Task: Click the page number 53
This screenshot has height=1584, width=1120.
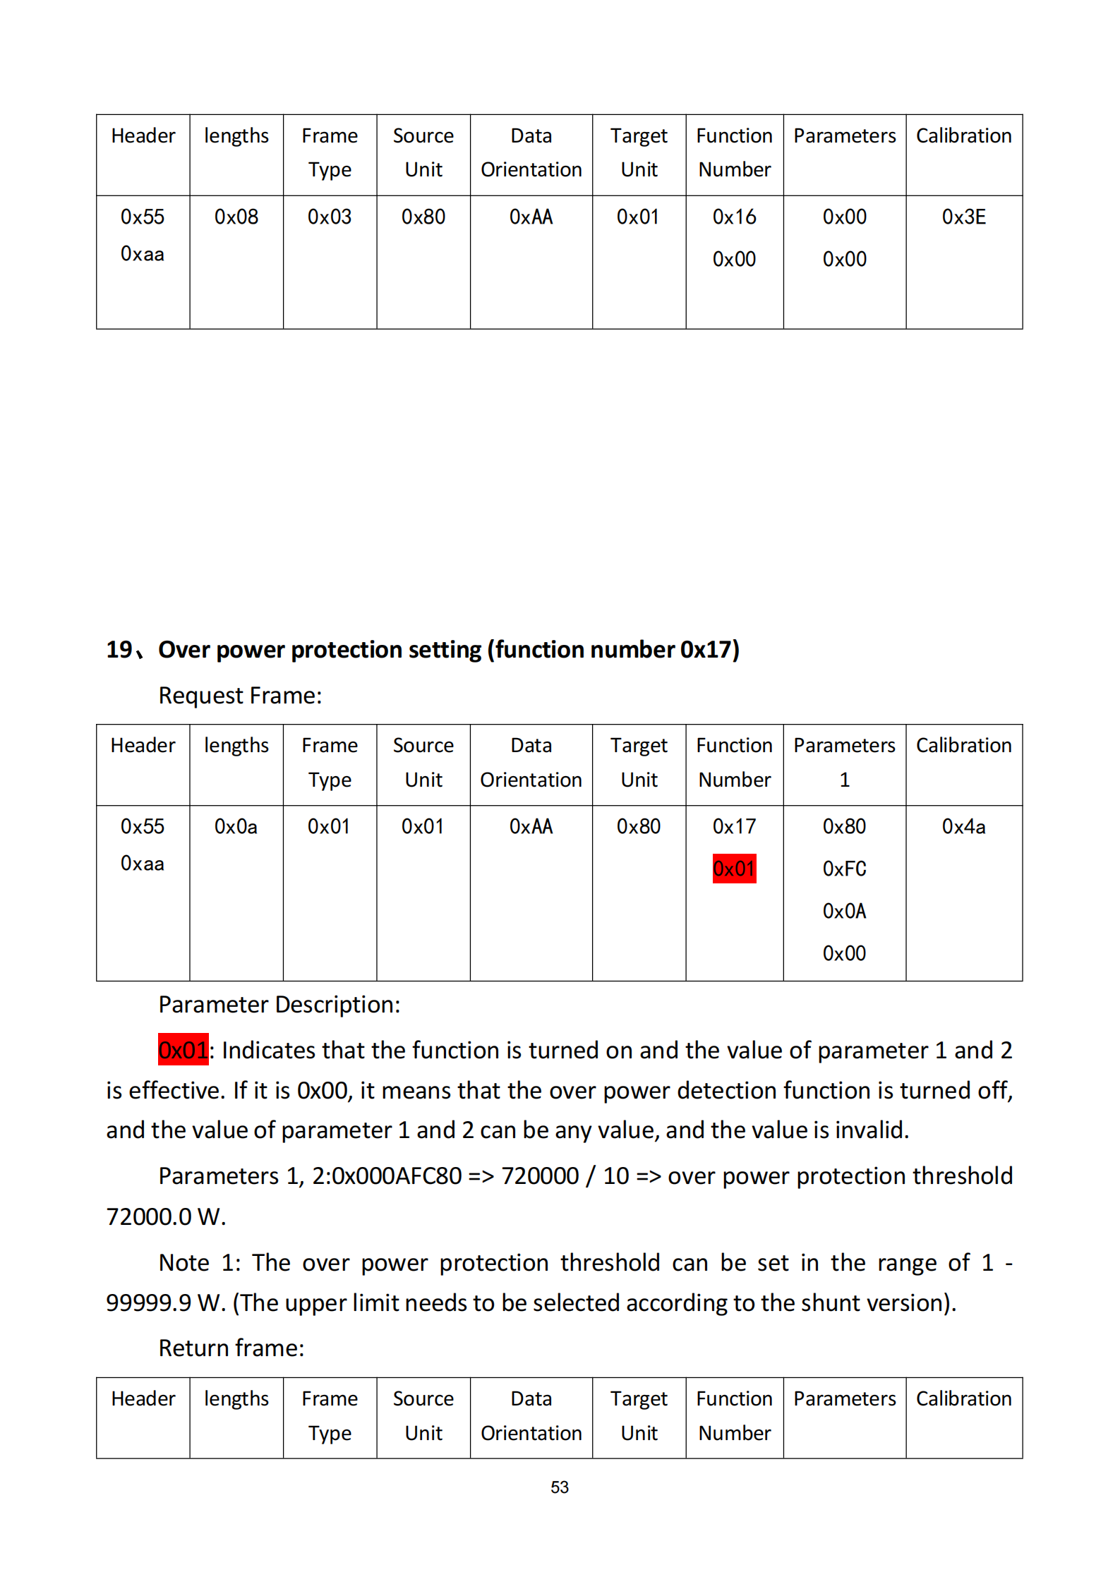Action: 560,1487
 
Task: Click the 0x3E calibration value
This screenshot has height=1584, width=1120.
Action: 963,217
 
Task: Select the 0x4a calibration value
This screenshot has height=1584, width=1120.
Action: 963,826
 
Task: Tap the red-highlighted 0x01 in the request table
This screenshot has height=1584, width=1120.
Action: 734,869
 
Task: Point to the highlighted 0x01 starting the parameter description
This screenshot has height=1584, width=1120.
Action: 183,1050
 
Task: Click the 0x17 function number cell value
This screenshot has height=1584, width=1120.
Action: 734,826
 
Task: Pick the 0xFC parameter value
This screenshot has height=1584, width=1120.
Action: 844,869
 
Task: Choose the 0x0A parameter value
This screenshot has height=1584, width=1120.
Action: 844,911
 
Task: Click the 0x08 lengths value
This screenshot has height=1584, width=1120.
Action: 236,217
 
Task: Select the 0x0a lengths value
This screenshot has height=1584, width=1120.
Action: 236,826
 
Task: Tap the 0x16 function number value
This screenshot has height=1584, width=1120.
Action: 734,217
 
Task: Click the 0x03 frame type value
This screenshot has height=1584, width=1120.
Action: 330,217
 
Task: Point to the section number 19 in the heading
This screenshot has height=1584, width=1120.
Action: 119,649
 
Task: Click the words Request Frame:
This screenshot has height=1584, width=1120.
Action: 240,696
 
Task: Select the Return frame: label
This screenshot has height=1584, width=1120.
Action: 231,1348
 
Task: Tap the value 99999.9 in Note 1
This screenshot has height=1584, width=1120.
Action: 148,1302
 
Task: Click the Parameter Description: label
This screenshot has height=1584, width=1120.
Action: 279,1004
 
